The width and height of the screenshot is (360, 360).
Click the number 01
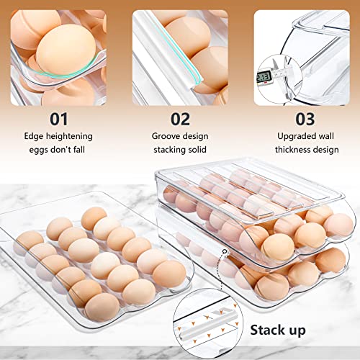coord(59,117)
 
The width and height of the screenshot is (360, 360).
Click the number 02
coord(179,117)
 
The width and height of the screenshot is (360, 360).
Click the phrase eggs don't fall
coord(59,150)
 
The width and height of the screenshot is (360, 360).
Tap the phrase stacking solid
coord(179,150)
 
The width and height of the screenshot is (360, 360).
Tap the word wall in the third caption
coord(327,135)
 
